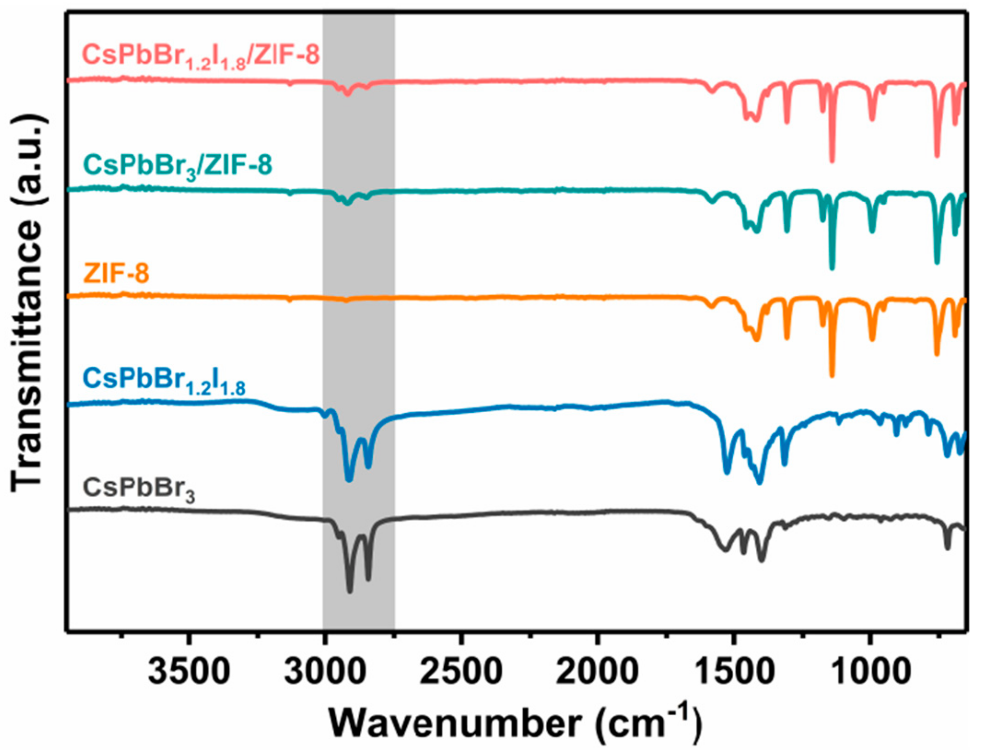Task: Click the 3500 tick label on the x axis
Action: click(x=188, y=671)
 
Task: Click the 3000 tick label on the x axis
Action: click(x=325, y=671)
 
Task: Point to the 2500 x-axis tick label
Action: click(x=461, y=671)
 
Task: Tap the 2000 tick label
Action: click(x=597, y=671)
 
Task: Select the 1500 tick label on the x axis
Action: click(x=733, y=671)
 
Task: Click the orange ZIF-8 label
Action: click(x=116, y=273)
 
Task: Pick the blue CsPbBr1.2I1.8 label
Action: click(x=164, y=380)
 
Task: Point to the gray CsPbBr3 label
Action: click(x=139, y=488)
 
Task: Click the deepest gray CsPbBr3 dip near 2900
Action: click(x=350, y=591)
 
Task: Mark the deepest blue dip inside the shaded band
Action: click(x=349, y=480)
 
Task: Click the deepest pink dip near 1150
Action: click(x=832, y=161)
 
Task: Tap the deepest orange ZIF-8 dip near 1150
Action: click(x=832, y=375)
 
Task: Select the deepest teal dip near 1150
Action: click(x=832, y=268)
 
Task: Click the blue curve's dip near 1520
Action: click(x=727, y=472)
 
